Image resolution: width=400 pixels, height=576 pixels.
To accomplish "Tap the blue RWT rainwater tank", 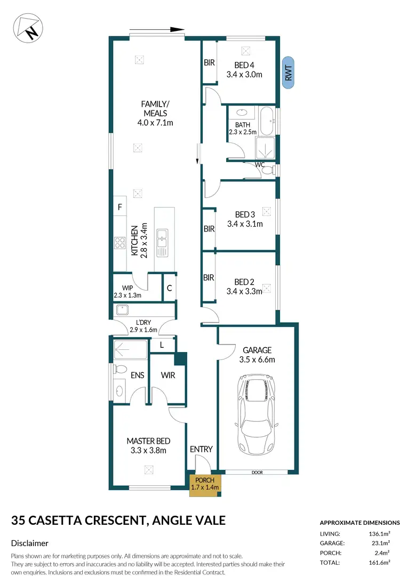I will pos(289,73).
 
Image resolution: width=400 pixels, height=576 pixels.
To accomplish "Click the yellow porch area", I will pos(205,485).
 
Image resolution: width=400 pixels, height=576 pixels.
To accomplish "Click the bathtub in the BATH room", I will pos(267,121).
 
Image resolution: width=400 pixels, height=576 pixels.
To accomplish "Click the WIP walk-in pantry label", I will pos(127,288).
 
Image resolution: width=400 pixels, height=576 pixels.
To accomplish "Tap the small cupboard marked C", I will pos(169,288).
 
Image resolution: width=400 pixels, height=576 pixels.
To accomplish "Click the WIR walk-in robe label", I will pos(168,375).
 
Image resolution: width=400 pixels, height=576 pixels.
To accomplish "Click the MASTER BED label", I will pos(148,441).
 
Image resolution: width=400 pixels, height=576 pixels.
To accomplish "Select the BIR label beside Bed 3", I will pos(209,229).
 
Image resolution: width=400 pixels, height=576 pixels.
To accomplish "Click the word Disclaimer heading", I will pos(30,543).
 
